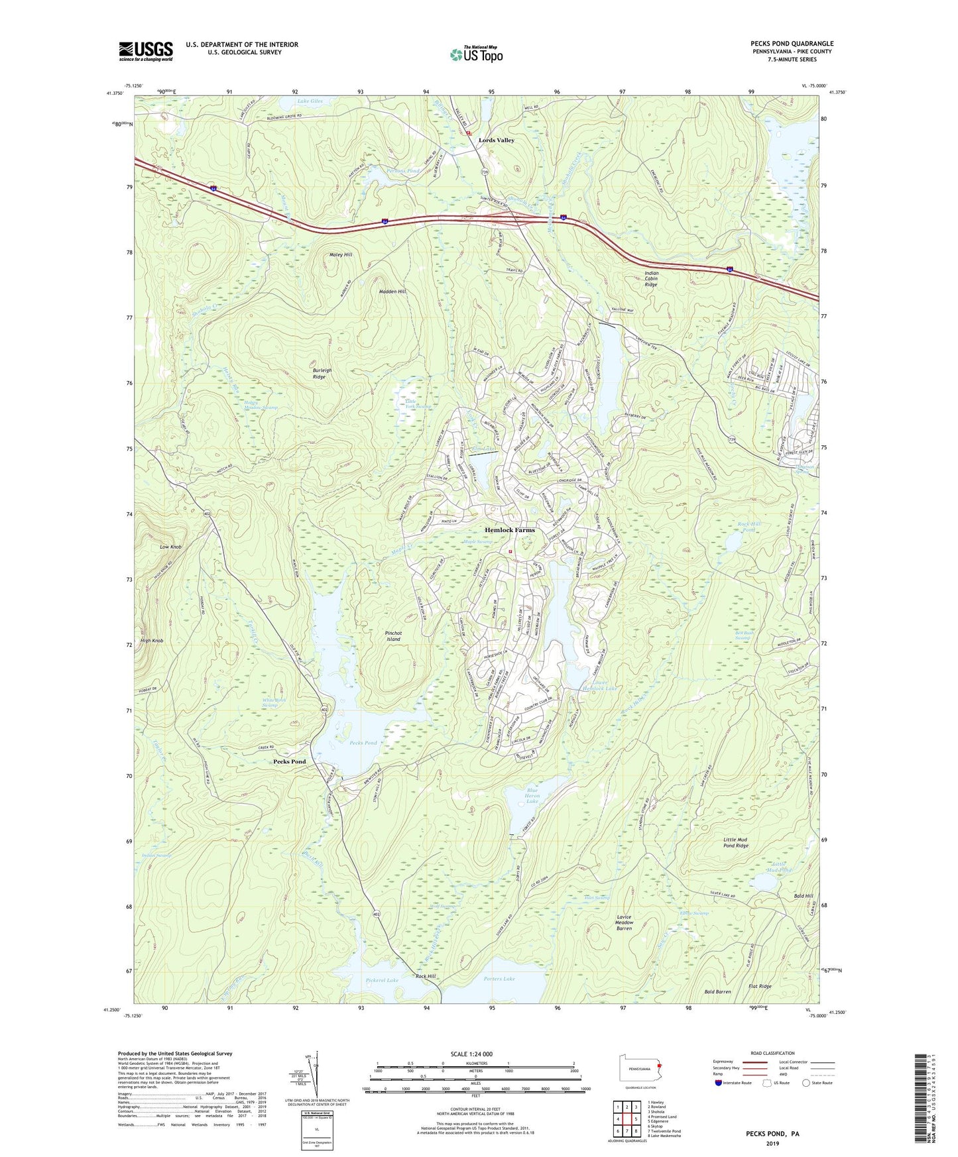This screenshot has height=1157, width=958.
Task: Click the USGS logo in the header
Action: pos(145,51)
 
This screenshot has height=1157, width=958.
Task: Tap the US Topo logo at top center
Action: pos(475,54)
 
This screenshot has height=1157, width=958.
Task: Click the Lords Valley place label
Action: pos(497,140)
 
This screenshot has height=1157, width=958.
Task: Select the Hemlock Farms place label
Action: pos(509,530)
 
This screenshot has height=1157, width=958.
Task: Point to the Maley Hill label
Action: pos(341,254)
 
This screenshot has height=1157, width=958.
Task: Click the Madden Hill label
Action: pos(392,292)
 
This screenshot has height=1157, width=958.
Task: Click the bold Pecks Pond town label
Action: pos(290,761)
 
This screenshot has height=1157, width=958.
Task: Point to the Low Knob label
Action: pos(170,547)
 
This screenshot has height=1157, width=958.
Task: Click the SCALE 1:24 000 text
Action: pos(471,1054)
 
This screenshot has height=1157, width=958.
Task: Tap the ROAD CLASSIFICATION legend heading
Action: pos(772,1053)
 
